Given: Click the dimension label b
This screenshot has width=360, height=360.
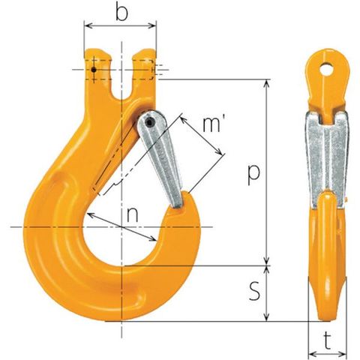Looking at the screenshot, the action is coord(121,13).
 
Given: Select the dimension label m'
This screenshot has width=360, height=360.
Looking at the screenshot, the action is coord(211,124).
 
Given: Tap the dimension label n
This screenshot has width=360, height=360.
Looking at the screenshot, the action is coord(132,215).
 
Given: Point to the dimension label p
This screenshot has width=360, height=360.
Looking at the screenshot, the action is coord(253,174).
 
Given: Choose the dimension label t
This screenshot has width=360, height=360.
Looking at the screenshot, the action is coord(327,340).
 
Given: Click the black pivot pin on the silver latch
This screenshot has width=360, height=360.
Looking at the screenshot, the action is coord(149,123).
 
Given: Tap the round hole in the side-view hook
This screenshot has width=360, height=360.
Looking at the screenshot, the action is coord(327,68).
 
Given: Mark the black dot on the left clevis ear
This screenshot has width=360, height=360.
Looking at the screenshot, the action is coord(94,70).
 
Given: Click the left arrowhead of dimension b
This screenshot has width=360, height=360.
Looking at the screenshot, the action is coord(87,25).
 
